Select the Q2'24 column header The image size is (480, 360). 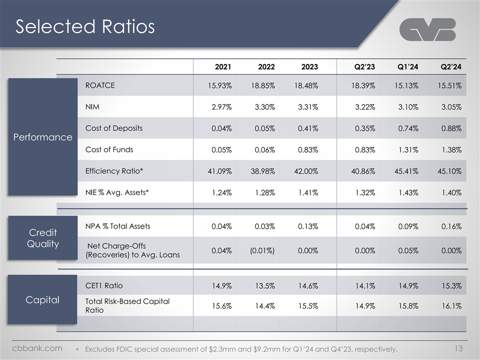(x=450, y=66)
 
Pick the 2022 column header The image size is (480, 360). (x=265, y=66)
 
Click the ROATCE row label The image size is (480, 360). (x=100, y=85)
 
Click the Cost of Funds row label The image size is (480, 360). (x=109, y=149)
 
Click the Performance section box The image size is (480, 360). (x=42, y=136)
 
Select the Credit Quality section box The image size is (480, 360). (x=42, y=238)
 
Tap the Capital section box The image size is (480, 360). (x=42, y=299)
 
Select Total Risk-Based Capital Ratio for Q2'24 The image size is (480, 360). (x=450, y=305)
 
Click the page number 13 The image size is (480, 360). (x=462, y=347)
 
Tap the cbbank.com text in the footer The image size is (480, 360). (x=37, y=347)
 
